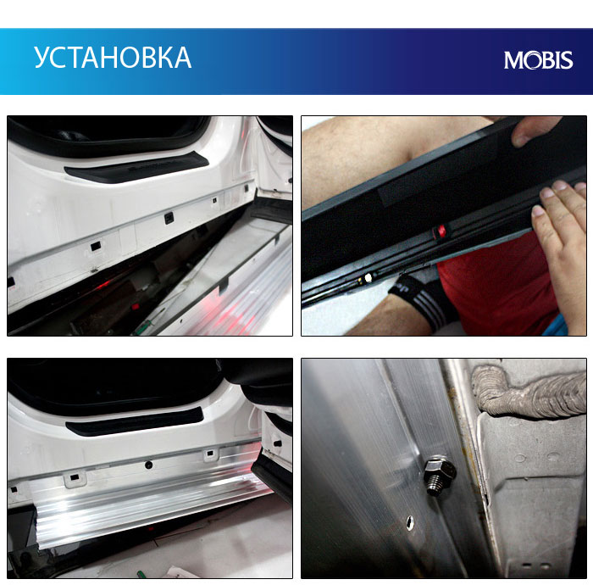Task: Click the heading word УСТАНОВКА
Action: click(113, 58)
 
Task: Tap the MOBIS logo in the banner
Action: click(538, 60)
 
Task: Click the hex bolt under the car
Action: click(440, 475)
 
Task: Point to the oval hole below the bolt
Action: click(409, 522)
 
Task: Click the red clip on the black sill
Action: click(440, 231)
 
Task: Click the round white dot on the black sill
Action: click(368, 278)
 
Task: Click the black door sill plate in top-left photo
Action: click(136, 167)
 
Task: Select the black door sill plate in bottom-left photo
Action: click(135, 421)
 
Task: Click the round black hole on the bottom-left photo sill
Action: click(148, 465)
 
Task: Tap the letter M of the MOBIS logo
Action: click(513, 60)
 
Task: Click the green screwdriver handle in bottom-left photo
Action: click(141, 574)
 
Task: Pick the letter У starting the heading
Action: click(42, 58)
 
